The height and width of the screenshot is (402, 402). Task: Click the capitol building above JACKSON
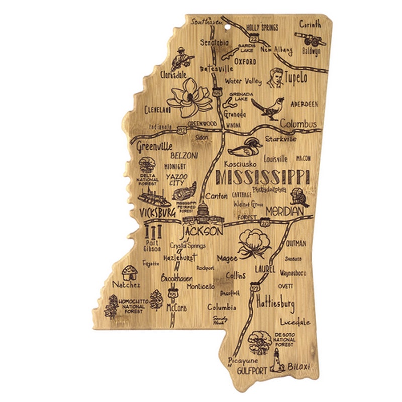pos(204,213)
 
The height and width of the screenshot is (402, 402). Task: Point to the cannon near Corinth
pos(308,37)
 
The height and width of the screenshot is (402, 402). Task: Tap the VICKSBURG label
pos(154,213)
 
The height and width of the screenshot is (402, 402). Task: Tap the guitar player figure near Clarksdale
pos(182,60)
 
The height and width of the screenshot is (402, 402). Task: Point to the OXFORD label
pos(245,62)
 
